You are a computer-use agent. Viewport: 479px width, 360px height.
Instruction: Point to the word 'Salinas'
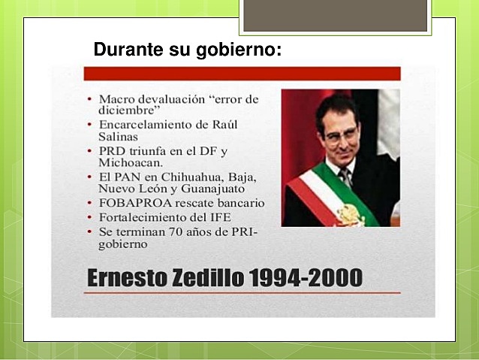pos(119,138)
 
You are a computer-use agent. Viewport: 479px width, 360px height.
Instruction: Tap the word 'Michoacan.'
pos(131,163)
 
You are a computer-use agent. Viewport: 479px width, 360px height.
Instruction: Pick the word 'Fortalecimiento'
pos(138,216)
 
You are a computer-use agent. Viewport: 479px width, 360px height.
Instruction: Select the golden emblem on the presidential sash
pos(350,214)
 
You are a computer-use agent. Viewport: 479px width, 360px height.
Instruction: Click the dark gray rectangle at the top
pos(335,15)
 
